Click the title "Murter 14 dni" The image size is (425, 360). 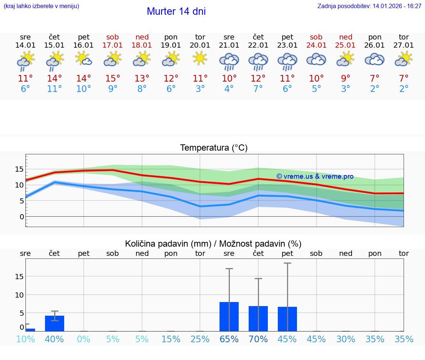(x=176, y=11)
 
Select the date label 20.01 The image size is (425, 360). (x=200, y=45)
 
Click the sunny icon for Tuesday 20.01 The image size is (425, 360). (x=200, y=58)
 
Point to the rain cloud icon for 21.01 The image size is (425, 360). (x=229, y=61)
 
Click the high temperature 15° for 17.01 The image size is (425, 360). (x=113, y=79)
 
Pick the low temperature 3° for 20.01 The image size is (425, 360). (x=200, y=89)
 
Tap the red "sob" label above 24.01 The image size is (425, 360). (x=316, y=37)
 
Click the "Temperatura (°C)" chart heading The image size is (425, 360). (x=214, y=148)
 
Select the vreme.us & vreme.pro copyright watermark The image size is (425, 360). (x=315, y=176)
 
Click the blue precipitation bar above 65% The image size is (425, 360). (x=229, y=316)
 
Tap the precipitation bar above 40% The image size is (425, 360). (x=55, y=323)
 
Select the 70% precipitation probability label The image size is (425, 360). (x=258, y=339)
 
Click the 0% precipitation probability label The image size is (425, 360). (x=84, y=339)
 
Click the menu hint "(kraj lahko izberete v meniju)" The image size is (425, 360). (x=41, y=6)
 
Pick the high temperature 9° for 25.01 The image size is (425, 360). (x=345, y=79)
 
